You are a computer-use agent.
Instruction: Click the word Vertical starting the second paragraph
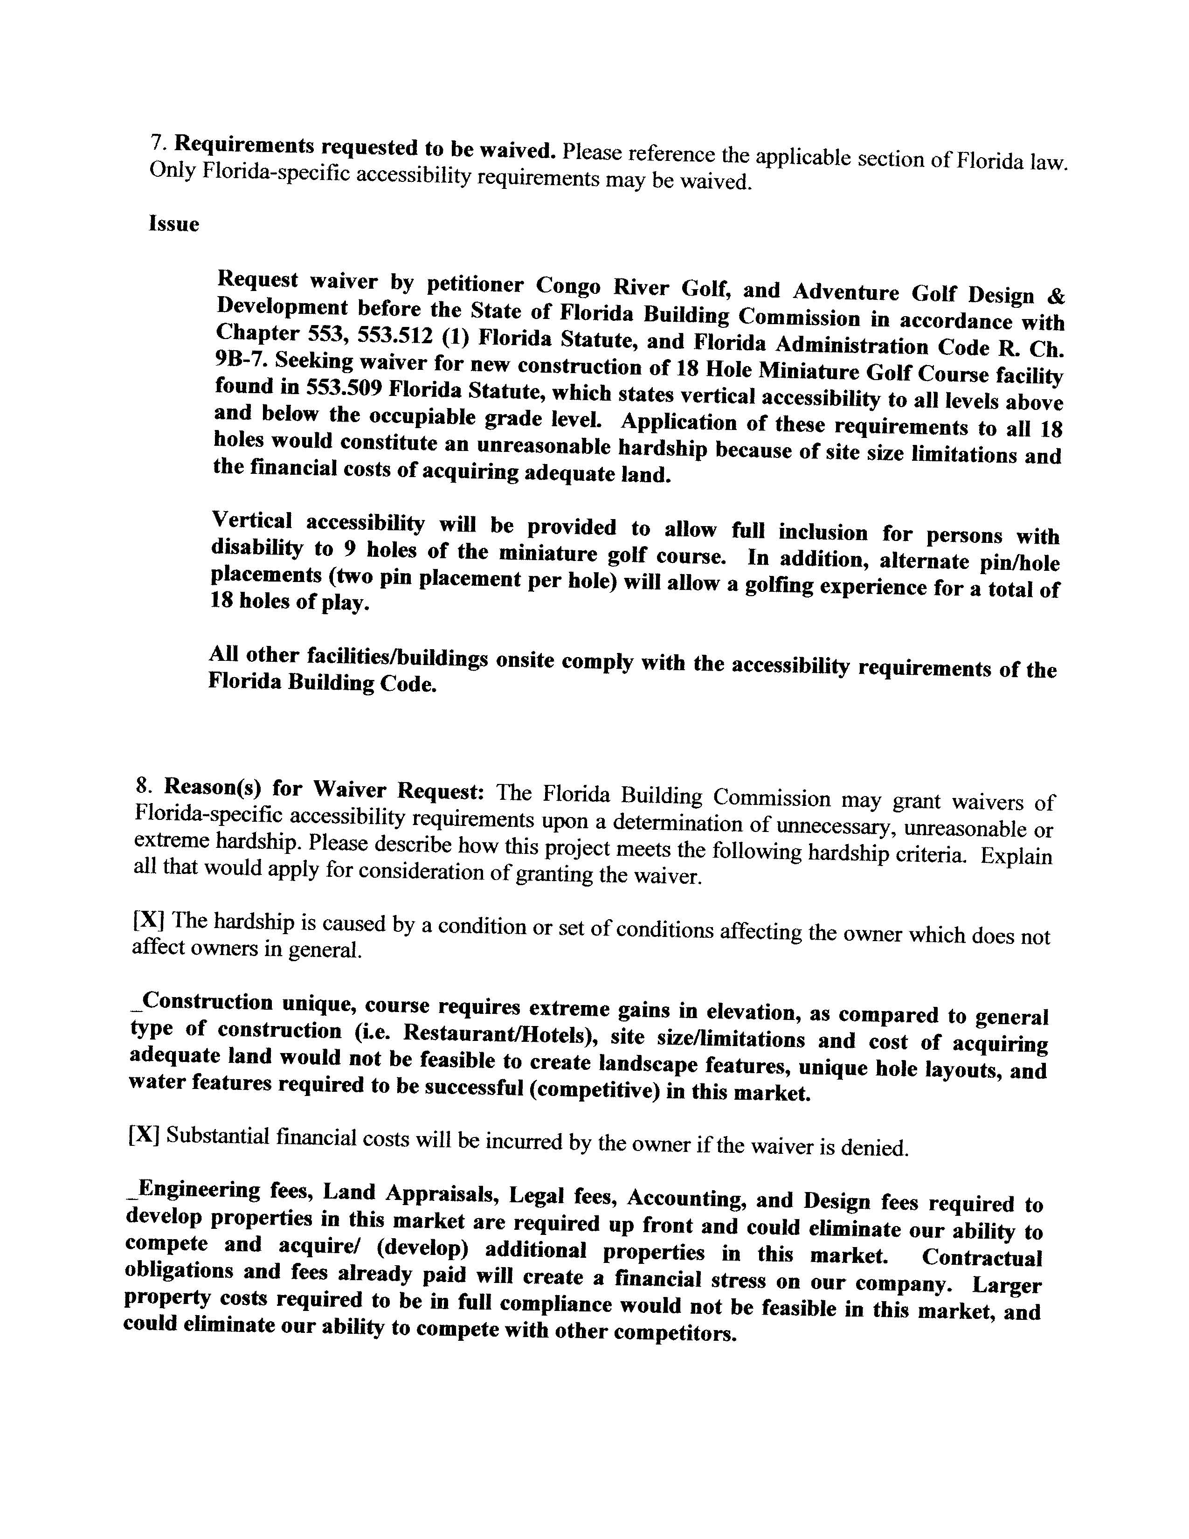coord(251,521)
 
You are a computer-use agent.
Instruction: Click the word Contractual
coord(981,1258)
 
